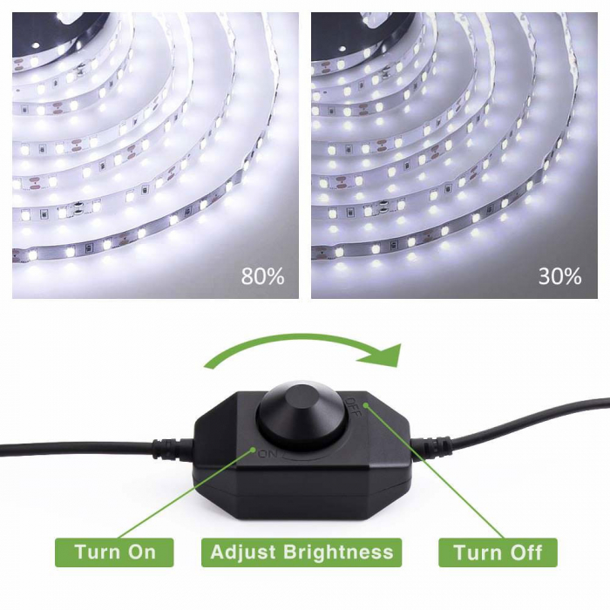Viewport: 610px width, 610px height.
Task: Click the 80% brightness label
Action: point(262,276)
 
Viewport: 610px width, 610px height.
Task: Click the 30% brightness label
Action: point(559,276)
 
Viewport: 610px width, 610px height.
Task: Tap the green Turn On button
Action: point(114,552)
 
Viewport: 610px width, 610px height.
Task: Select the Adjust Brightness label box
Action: point(302,552)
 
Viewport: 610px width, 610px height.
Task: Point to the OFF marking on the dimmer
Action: point(353,406)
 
